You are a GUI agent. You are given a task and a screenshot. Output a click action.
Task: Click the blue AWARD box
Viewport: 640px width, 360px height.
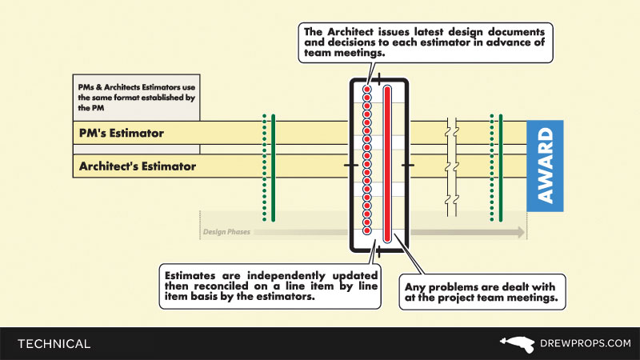(545, 166)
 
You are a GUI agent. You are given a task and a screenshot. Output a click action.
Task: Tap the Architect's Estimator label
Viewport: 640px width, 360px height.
(136, 167)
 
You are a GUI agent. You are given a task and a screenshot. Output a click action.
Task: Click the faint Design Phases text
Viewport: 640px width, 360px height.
(226, 232)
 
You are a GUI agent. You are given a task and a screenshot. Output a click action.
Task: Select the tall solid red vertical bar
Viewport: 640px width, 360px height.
(387, 164)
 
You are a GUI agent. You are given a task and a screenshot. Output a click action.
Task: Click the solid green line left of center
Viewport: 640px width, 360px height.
(274, 168)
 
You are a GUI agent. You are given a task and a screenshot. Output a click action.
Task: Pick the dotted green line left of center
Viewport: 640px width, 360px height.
(264, 168)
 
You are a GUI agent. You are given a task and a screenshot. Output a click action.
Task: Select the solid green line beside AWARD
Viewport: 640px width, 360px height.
(501, 168)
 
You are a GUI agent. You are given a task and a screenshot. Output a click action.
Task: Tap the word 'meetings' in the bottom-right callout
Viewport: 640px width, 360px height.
(528, 300)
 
